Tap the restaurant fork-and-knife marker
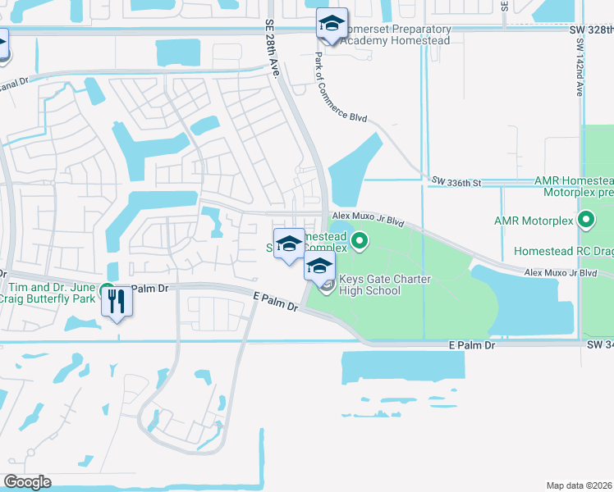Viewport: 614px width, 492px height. coord(116,302)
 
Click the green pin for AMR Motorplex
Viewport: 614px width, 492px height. coord(586,220)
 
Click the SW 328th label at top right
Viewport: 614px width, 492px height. coord(591,30)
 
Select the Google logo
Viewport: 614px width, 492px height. coord(27,482)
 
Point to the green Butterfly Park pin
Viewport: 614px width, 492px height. coord(107,290)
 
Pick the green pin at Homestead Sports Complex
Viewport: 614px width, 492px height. coord(359,241)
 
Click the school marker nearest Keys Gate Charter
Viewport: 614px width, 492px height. coord(319,266)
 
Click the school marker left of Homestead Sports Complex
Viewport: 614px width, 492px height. coord(288,244)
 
